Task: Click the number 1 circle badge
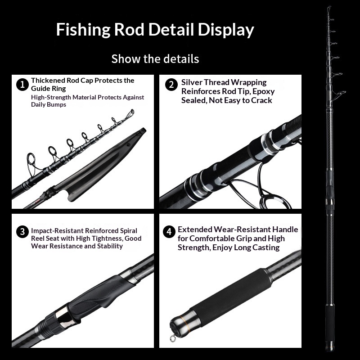click(x=22, y=84)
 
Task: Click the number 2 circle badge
click(x=171, y=85)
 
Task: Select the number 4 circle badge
click(x=169, y=232)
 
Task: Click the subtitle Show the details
click(x=155, y=58)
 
